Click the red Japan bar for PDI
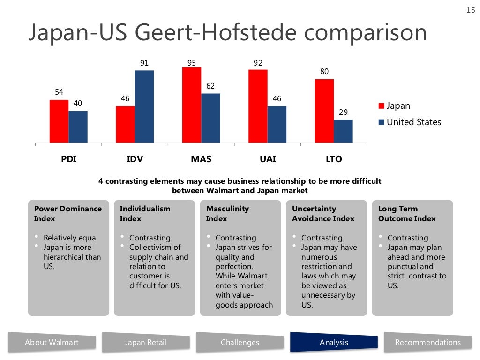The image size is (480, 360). tap(59, 121)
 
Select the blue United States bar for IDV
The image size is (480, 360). tap(144, 106)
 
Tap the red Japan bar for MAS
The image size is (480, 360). tap(192, 105)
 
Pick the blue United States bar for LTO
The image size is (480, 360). tap(343, 131)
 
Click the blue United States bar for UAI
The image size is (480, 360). tap(277, 124)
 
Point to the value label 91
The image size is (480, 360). tap(144, 63)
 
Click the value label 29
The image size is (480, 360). tap(344, 112)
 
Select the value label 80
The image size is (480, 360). tap(324, 72)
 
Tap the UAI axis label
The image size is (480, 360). tap(268, 159)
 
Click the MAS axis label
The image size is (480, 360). tap(201, 159)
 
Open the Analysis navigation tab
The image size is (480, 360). tap(334, 342)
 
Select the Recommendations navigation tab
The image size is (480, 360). tap(427, 342)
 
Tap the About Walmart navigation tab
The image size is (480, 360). tap(52, 342)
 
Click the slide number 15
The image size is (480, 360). tap(471, 10)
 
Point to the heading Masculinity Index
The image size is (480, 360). tap(228, 214)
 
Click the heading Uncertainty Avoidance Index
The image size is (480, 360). tap(323, 214)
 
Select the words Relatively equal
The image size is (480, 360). tap(71, 238)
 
